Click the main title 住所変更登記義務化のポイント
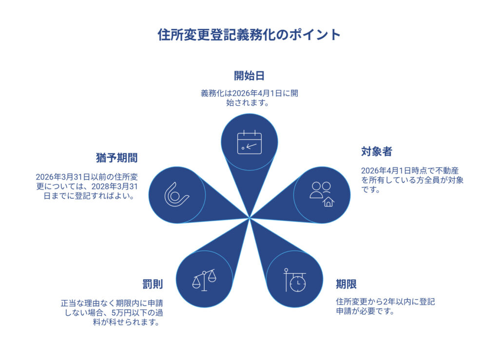click(249, 35)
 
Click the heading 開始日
click(249, 76)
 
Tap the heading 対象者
click(376, 152)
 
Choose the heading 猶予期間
click(116, 158)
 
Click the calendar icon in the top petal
click(249, 143)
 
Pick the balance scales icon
click(204, 280)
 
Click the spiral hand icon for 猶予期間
click(176, 194)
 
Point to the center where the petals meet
click(249, 217)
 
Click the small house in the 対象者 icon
click(328, 201)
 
